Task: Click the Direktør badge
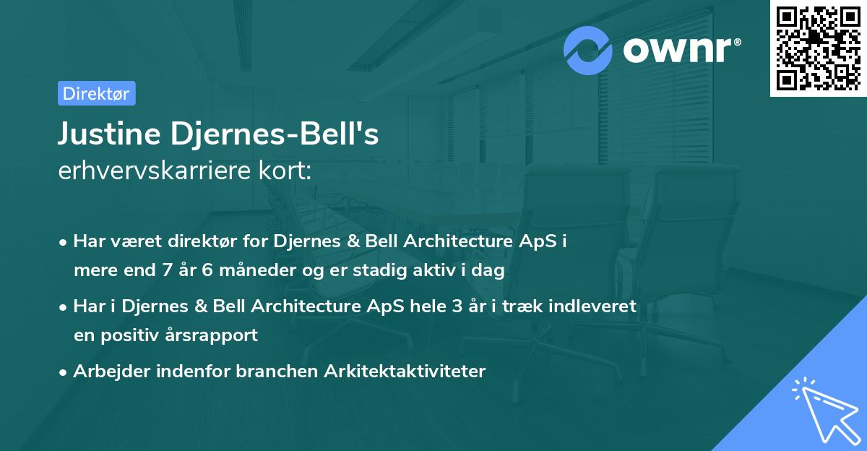[x=96, y=93]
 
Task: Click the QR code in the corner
[x=818, y=48]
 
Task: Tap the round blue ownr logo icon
[x=588, y=50]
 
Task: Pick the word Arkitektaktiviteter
[x=405, y=371]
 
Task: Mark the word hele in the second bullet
[x=429, y=306]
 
